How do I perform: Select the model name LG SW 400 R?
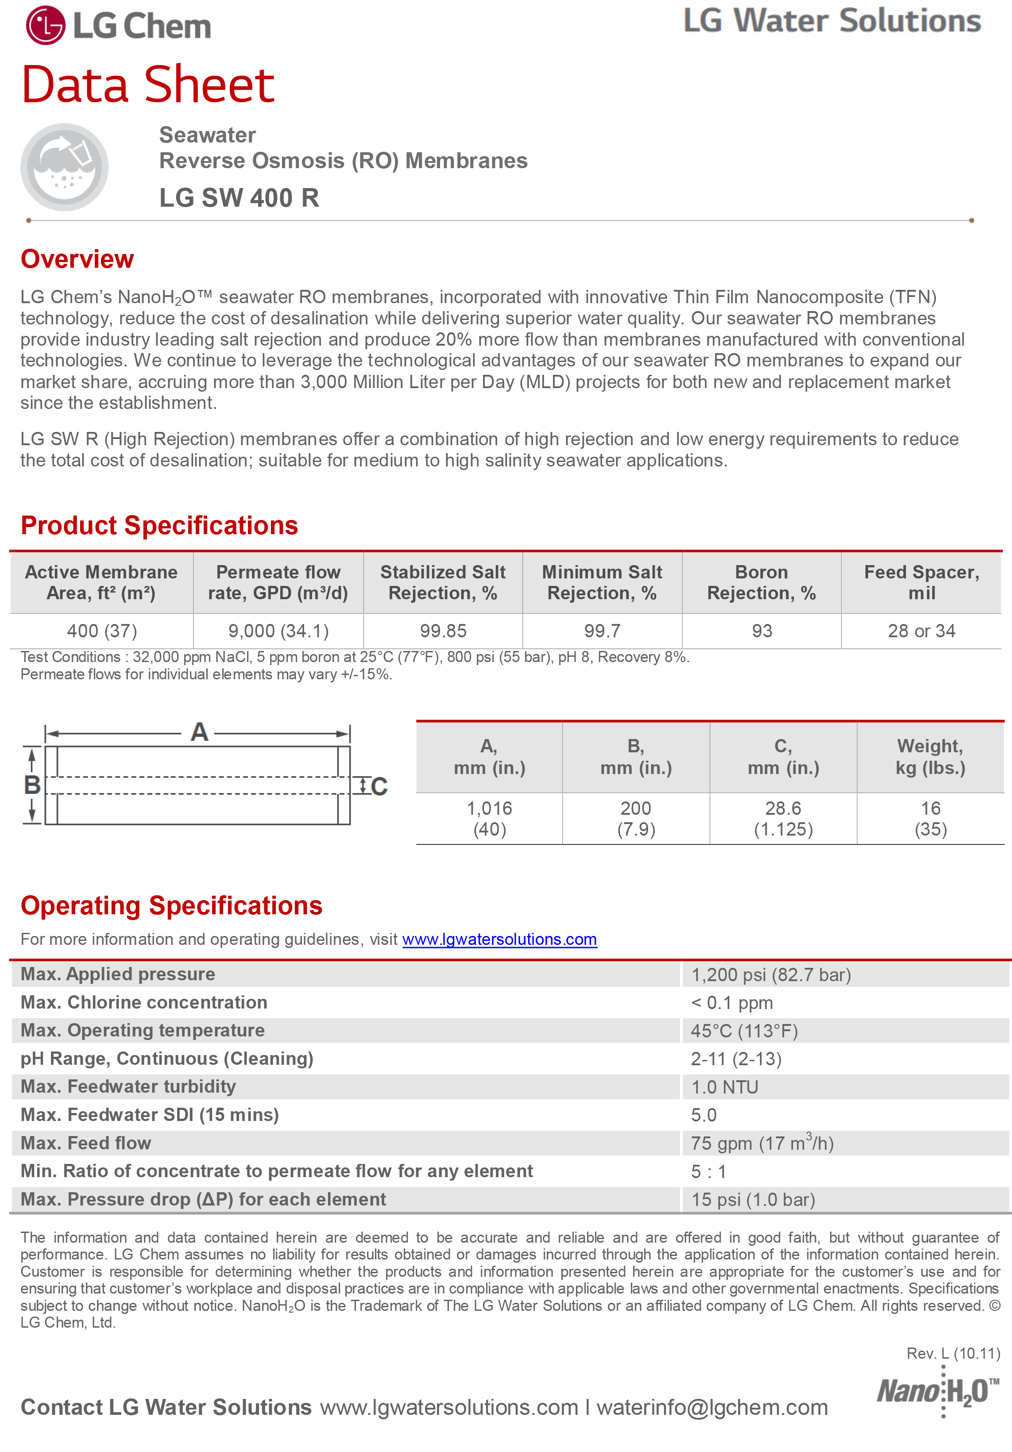click(x=239, y=198)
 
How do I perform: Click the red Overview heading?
click(x=77, y=259)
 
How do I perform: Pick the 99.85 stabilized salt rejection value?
click(x=443, y=631)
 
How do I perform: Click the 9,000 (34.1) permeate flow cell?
click(x=278, y=631)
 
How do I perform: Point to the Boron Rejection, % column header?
click(x=761, y=582)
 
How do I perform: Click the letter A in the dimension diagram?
click(x=199, y=732)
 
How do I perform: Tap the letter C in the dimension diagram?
click(x=379, y=787)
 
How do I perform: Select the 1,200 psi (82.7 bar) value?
click(x=770, y=974)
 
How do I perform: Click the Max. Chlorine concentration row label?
click(x=144, y=1002)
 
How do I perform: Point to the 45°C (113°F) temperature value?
click(x=744, y=1031)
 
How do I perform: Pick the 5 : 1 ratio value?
click(x=708, y=1172)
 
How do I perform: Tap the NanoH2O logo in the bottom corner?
click(x=937, y=1392)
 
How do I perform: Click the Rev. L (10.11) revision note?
click(x=953, y=1353)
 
